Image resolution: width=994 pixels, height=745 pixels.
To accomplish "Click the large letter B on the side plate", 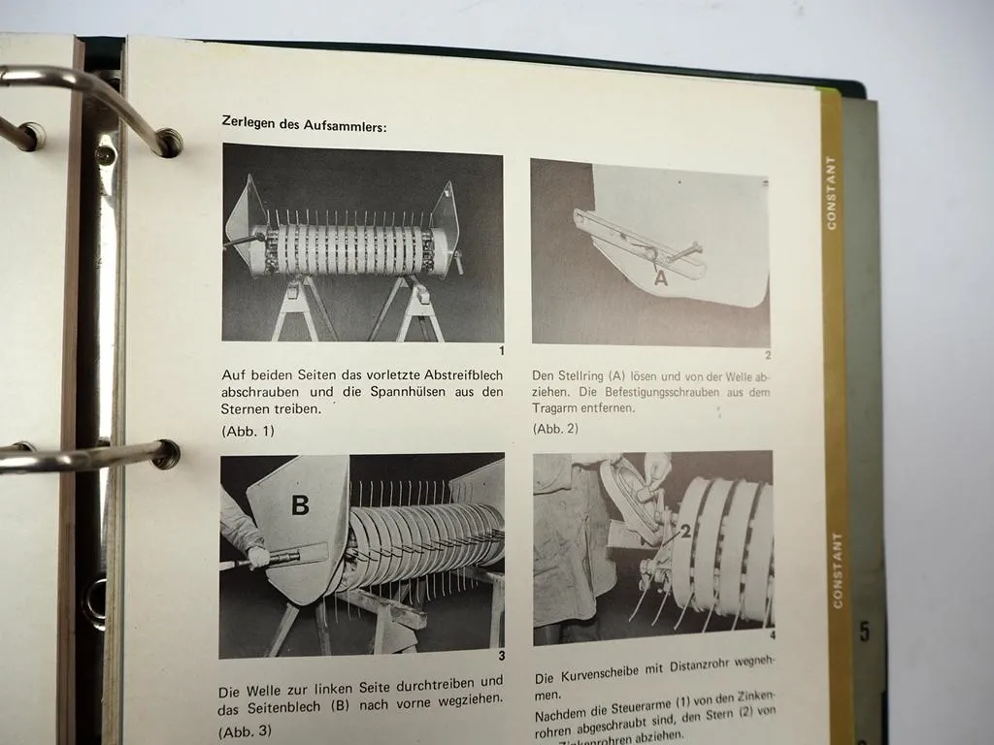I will point(300,505).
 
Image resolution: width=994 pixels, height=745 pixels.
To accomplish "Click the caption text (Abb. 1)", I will point(248,431).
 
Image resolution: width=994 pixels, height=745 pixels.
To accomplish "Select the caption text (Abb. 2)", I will point(555,428).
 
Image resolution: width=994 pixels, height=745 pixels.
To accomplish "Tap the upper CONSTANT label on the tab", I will point(831,192).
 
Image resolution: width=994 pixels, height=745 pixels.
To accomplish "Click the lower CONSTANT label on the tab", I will point(838,569).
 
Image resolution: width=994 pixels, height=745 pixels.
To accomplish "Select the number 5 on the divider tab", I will point(864,632).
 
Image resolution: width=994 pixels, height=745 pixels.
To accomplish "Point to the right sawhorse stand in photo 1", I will point(414,308).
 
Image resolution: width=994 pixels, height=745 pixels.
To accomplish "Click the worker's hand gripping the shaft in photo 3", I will point(257,557).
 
